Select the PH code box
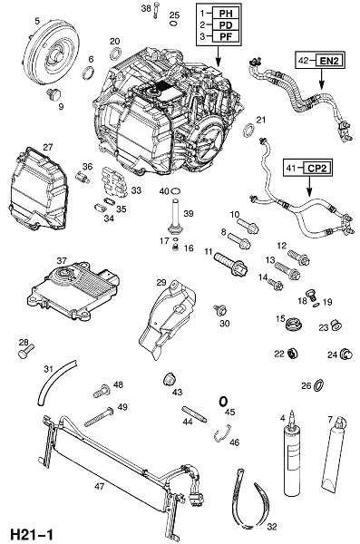click(x=225, y=14)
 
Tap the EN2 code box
click(x=328, y=61)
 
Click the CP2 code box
click(x=316, y=168)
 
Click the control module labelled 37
click(x=74, y=293)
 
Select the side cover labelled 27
click(x=37, y=189)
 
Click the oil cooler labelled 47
click(x=118, y=471)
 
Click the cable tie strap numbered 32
click(x=250, y=500)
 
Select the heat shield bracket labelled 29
click(x=168, y=318)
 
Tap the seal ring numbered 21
click(x=248, y=130)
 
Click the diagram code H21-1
click(x=31, y=534)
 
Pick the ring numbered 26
click(x=318, y=385)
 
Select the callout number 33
click(x=136, y=190)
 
